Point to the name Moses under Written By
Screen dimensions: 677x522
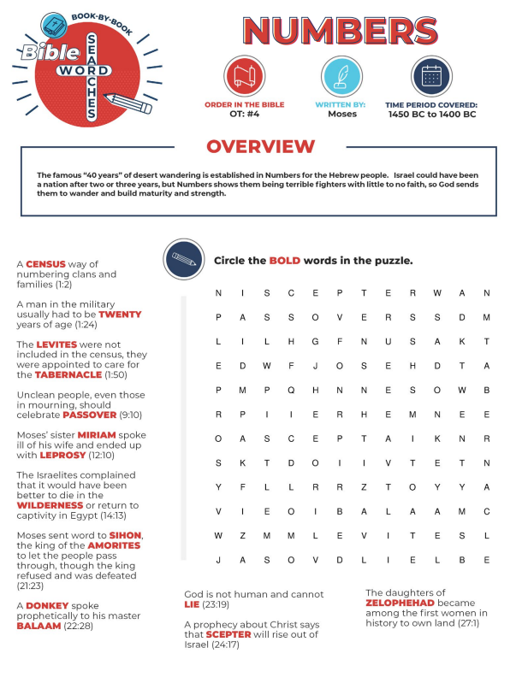click(x=341, y=114)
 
